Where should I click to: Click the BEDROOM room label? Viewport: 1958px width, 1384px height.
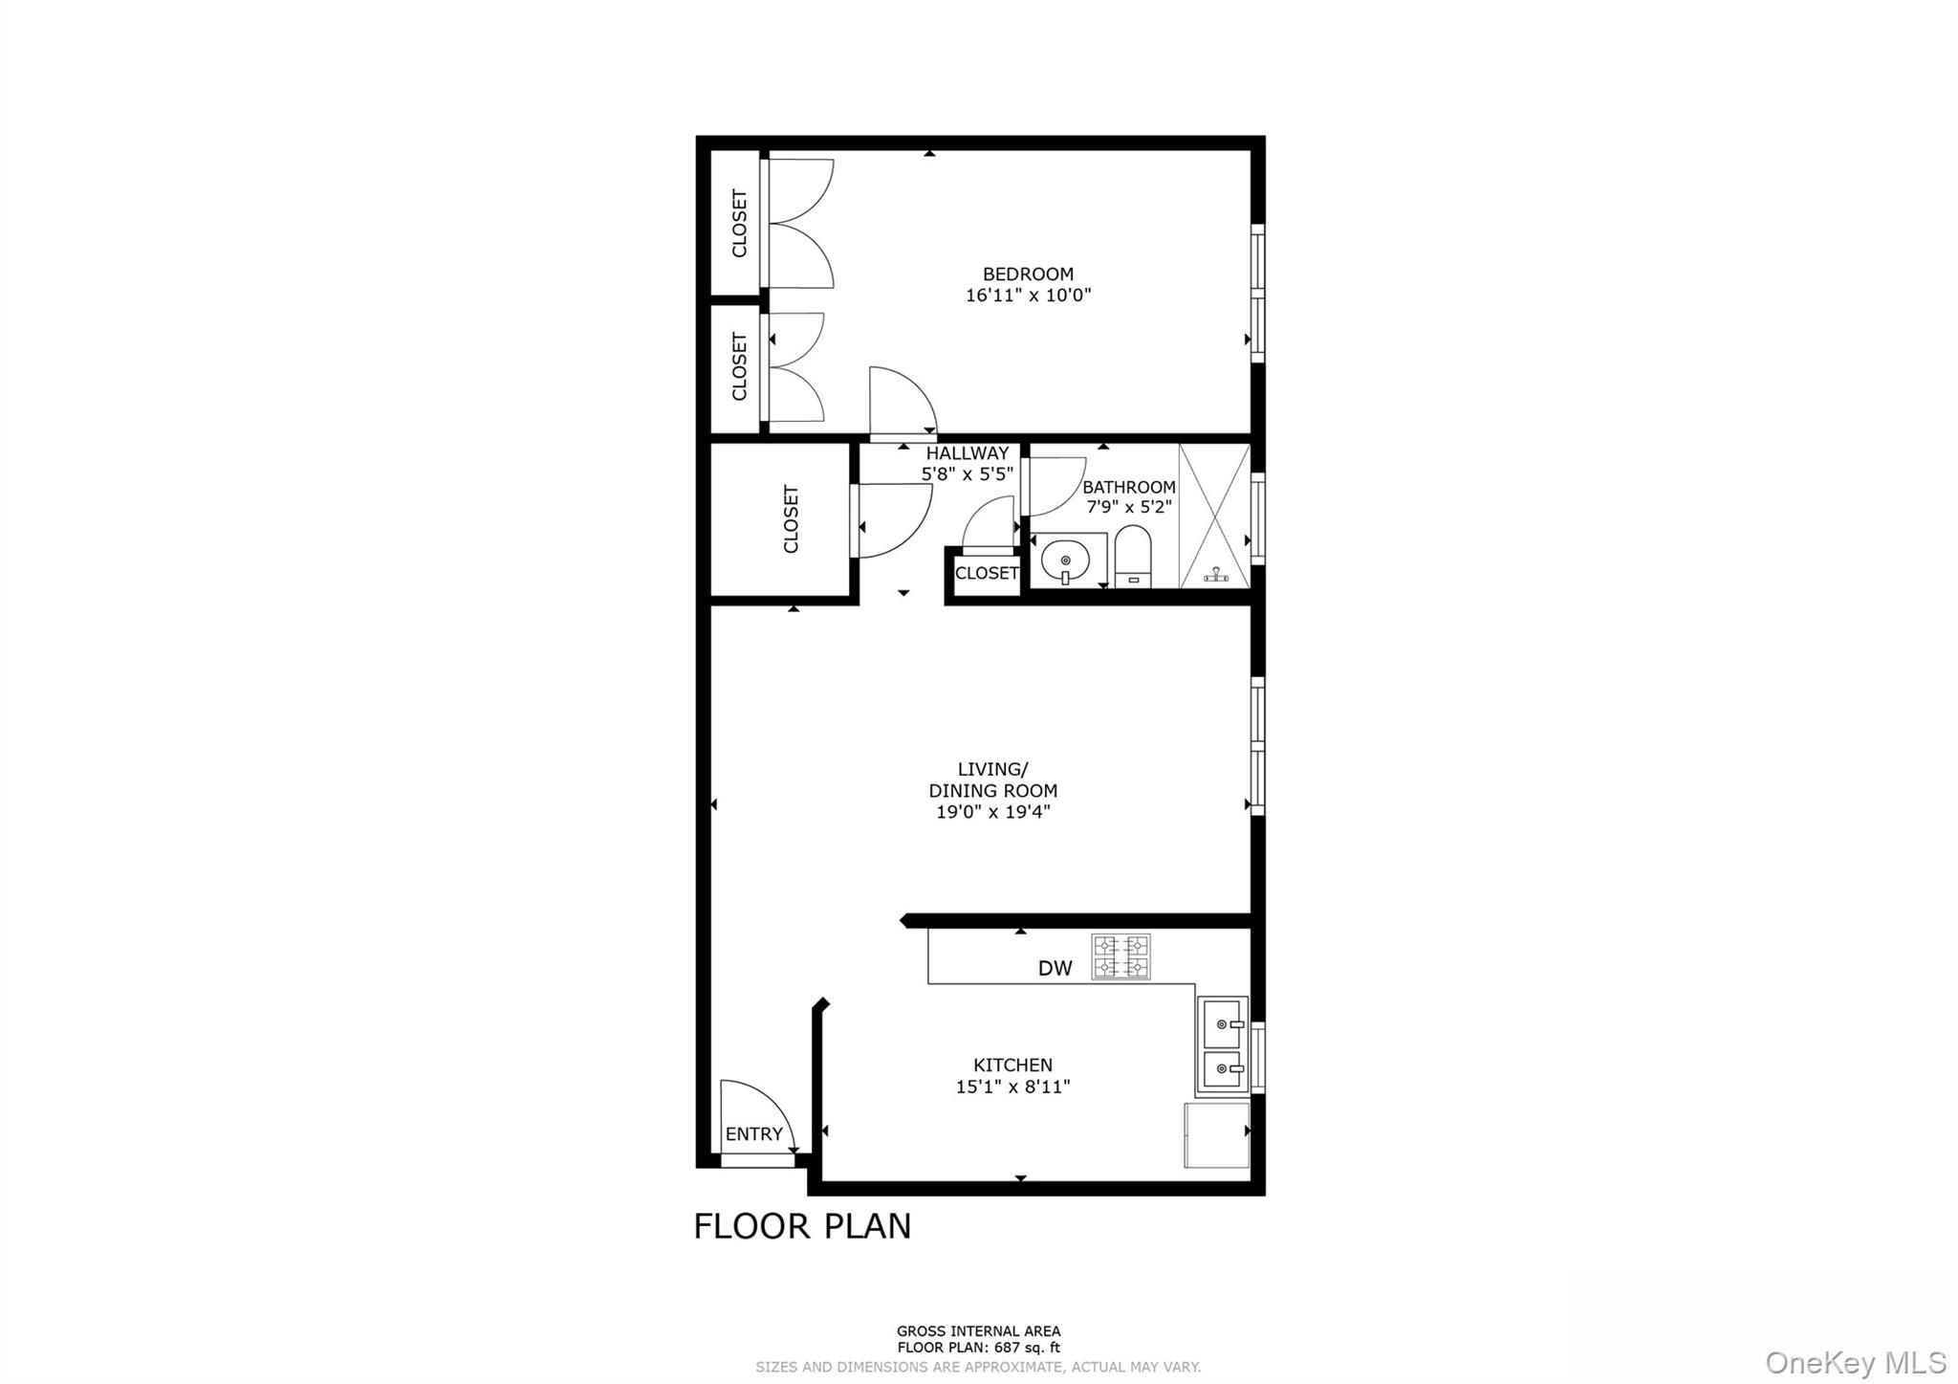(x=1028, y=274)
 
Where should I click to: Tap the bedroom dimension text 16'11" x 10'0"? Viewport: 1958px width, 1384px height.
(x=1028, y=296)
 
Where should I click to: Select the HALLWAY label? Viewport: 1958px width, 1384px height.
(x=967, y=453)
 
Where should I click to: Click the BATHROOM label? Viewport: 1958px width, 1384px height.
(x=1128, y=487)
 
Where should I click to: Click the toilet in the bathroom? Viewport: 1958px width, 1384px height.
(x=1133, y=557)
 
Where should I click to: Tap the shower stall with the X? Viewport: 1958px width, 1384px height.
(x=1214, y=516)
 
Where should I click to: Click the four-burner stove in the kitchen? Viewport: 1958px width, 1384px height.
(x=1121, y=956)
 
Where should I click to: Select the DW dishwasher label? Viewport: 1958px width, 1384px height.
(x=1055, y=968)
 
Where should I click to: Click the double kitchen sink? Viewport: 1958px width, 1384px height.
(x=1222, y=1044)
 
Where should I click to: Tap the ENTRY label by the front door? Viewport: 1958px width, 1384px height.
(x=753, y=1134)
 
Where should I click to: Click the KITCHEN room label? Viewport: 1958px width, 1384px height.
(x=1012, y=1065)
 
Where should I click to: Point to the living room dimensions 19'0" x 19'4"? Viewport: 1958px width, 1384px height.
(x=992, y=812)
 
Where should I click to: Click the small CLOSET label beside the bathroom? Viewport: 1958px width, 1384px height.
(x=987, y=573)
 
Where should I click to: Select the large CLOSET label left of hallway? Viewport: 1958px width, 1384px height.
(x=791, y=519)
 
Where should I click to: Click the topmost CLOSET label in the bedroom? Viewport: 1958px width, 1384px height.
(x=739, y=224)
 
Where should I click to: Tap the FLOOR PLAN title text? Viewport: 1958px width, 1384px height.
(x=802, y=1226)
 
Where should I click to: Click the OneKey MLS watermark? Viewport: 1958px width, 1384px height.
(x=1855, y=1362)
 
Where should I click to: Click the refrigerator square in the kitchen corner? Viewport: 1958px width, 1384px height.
(x=1216, y=1134)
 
